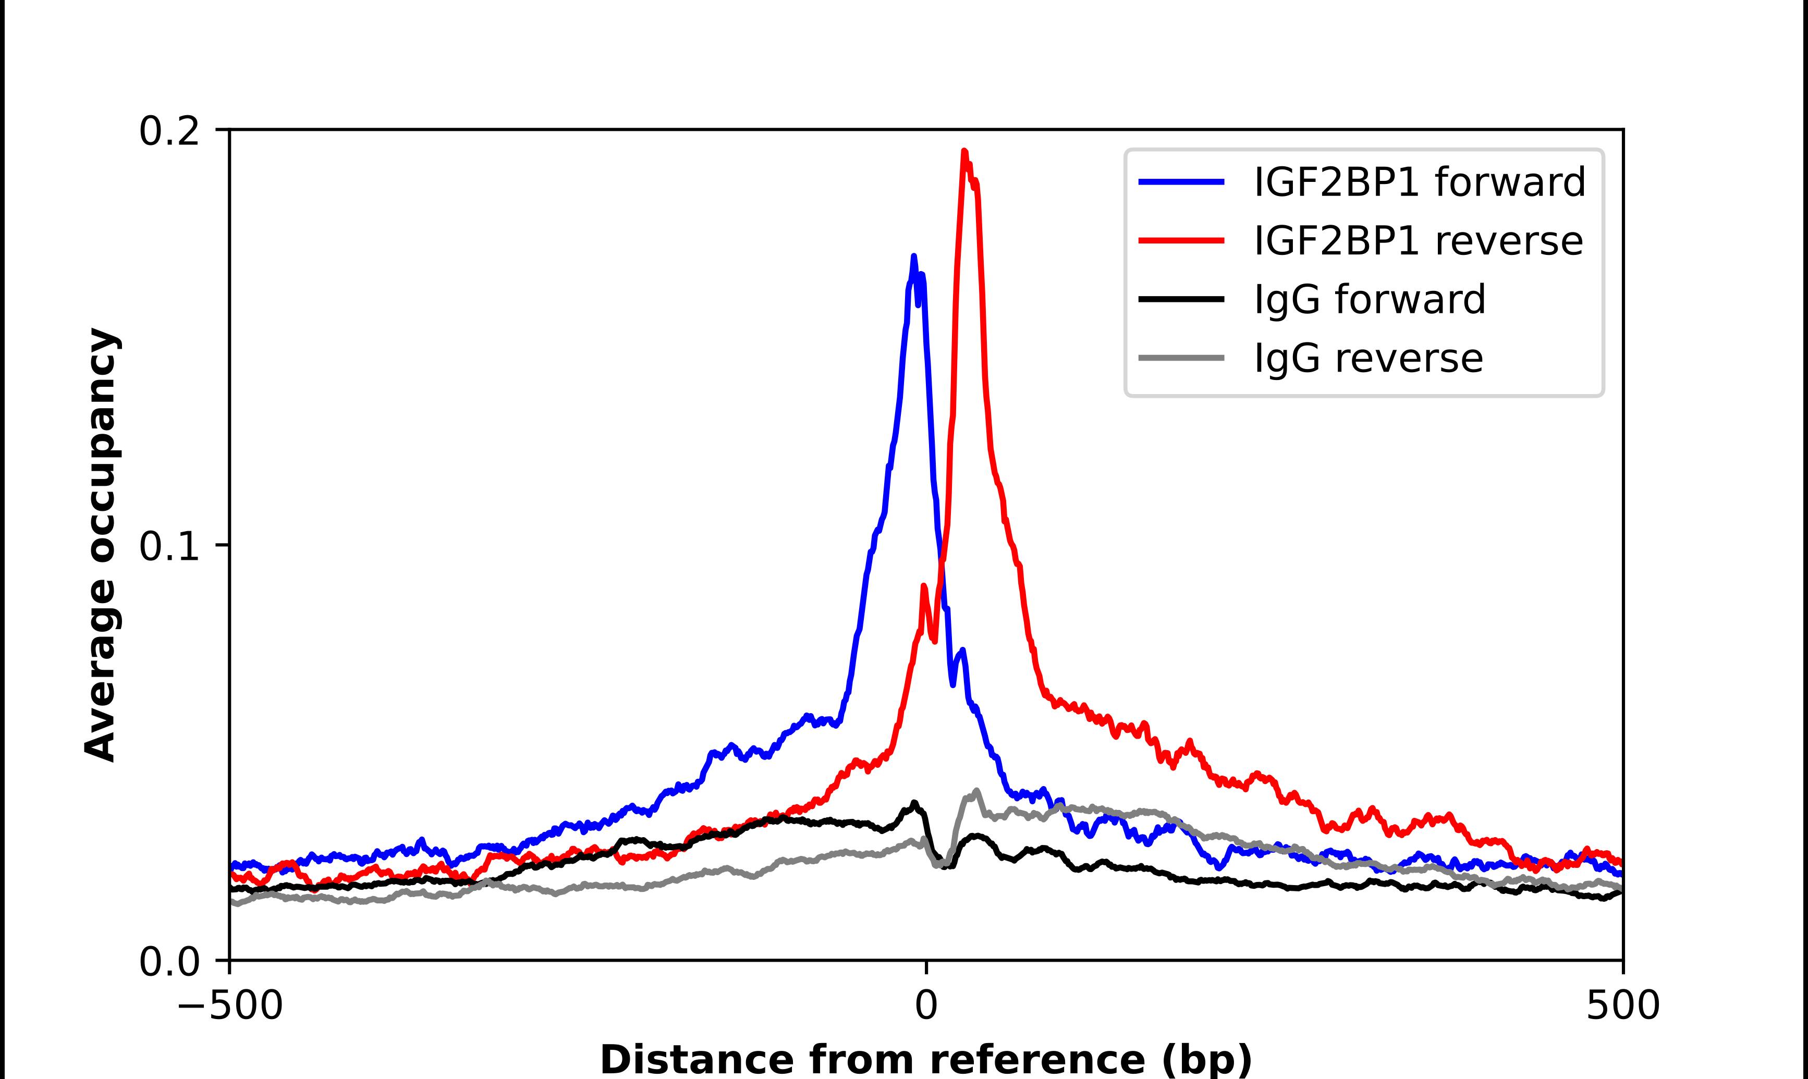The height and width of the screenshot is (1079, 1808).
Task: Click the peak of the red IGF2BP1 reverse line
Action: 964,152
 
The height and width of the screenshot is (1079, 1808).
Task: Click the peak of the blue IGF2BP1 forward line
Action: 914,256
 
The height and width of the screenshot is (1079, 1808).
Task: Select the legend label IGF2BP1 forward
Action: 1419,182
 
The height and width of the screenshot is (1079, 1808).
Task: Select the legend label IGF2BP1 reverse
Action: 1418,241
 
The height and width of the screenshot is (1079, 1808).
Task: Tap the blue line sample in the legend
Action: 1181,182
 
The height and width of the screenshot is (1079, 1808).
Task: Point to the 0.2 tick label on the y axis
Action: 169,131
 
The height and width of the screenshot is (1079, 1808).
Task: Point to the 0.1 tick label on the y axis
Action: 169,547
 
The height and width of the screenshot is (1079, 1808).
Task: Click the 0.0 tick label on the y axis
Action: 169,962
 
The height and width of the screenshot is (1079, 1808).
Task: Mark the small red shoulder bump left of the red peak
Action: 924,586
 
